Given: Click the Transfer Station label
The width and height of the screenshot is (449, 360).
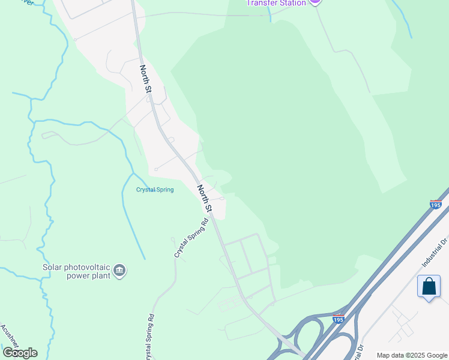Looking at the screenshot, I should click(277, 2).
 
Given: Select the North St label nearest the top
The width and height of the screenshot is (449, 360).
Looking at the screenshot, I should click(146, 79).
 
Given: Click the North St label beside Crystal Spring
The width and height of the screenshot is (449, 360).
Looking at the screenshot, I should click(205, 198).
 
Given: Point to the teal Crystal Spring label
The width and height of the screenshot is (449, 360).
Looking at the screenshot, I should click(155, 190).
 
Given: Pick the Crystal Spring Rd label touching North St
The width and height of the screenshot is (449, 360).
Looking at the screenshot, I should click(191, 238).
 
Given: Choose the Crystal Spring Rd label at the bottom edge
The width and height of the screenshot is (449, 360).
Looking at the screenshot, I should click(150, 337).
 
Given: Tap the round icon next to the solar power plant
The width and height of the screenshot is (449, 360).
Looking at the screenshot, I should click(120, 271).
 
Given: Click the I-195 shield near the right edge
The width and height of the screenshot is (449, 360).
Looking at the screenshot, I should click(436, 205).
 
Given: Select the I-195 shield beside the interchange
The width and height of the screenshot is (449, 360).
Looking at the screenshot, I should click(339, 319).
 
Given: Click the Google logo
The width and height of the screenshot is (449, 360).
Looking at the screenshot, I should click(20, 352).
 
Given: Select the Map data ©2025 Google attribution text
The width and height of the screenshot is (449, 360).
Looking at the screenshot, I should click(412, 355).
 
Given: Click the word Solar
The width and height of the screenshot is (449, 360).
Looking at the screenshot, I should click(53, 267).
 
